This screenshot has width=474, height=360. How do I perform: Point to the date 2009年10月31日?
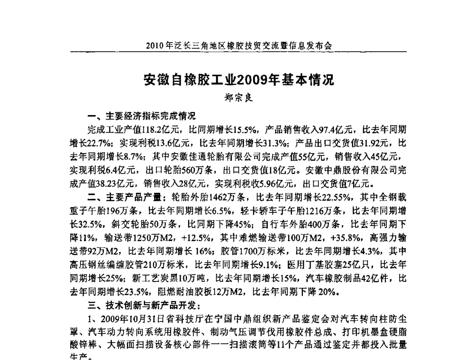click(x=128, y=317)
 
